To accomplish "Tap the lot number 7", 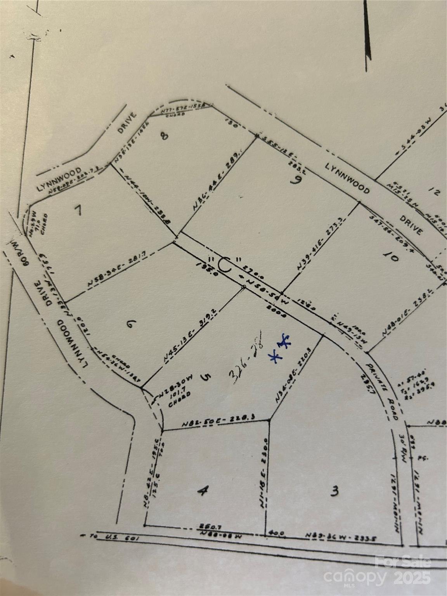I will [79, 210].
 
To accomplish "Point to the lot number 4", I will [201, 491].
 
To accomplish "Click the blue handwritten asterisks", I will [281, 348].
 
